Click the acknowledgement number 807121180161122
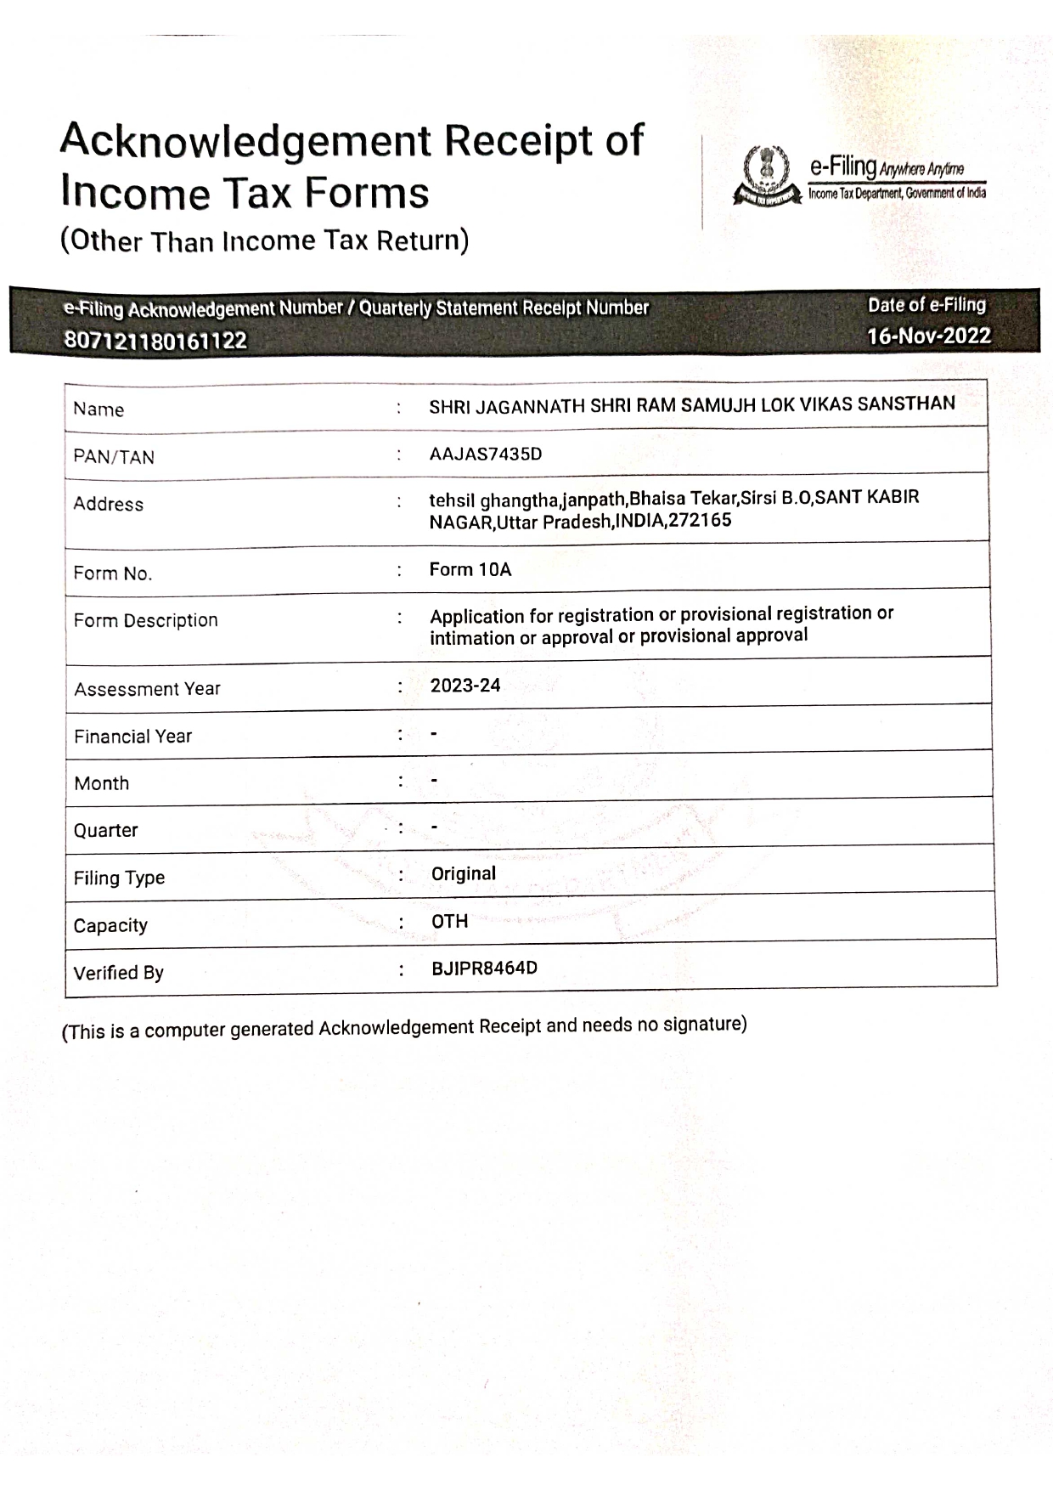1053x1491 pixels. (155, 341)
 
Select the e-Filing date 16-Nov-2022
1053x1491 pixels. (928, 336)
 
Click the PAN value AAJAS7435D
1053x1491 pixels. (485, 454)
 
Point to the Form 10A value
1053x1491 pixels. (470, 569)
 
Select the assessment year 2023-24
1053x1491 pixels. (465, 686)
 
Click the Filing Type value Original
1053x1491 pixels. (464, 873)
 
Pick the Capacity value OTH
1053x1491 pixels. (450, 921)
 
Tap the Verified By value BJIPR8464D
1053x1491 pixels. (484, 969)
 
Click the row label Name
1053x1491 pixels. (99, 409)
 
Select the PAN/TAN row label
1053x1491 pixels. (114, 457)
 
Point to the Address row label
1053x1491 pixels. (109, 504)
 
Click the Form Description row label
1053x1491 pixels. (146, 620)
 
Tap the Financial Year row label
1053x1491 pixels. (133, 737)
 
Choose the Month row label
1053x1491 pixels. (102, 783)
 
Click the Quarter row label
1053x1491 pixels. (106, 830)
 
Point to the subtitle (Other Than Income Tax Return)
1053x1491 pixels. (264, 241)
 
